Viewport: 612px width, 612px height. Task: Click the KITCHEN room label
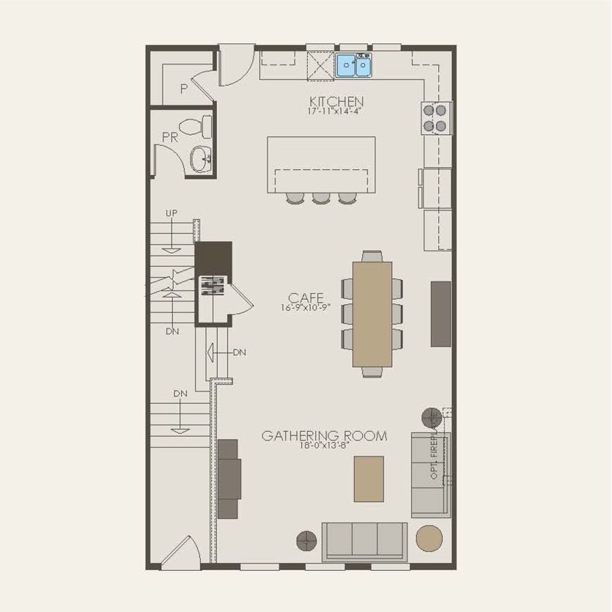[336, 101]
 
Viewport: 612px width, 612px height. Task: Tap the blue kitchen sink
[355, 66]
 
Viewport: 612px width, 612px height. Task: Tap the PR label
[169, 137]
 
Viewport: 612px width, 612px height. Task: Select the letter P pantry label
[184, 89]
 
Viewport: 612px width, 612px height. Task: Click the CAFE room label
[306, 298]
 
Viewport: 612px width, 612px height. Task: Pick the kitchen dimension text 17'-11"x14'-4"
[336, 112]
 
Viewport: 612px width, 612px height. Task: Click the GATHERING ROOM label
[325, 436]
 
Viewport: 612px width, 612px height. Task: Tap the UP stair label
[171, 213]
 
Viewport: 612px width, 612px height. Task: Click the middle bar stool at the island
[320, 198]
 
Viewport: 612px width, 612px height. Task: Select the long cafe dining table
[372, 314]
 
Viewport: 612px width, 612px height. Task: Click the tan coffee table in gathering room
[369, 479]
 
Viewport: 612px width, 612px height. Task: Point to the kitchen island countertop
[321, 163]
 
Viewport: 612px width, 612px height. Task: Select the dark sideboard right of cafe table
[440, 313]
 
